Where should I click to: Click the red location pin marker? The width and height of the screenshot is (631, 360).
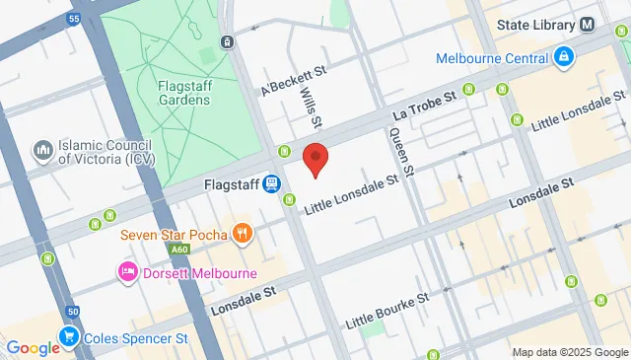(315, 159)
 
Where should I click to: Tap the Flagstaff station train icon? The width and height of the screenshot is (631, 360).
(273, 183)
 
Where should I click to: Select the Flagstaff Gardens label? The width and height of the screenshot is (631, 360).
(180, 92)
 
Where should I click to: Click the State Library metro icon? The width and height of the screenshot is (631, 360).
(588, 24)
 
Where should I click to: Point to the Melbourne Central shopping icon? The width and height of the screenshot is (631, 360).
(563, 57)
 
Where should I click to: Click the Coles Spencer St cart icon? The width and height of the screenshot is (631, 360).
(69, 336)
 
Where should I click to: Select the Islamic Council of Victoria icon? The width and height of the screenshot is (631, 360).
(42, 149)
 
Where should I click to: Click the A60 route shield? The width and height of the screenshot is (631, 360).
(178, 251)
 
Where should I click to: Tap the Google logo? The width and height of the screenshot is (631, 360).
(33, 347)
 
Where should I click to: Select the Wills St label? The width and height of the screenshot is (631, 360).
(310, 109)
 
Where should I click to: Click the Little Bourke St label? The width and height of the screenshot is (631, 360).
(388, 310)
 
